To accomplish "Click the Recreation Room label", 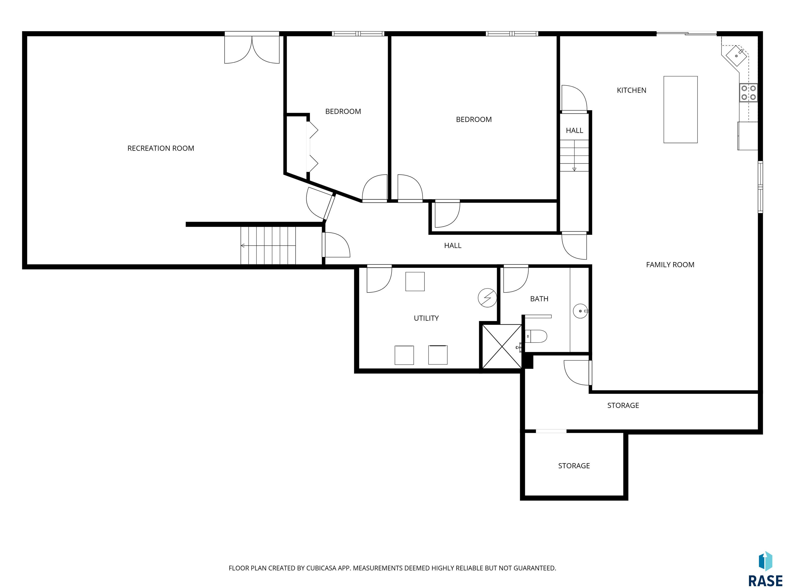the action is click(x=161, y=148).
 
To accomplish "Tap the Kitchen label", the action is click(x=632, y=90).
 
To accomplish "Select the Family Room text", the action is click(x=670, y=264).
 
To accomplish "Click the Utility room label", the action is click(x=426, y=318).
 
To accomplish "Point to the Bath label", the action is click(x=539, y=299).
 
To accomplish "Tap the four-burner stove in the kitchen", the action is click(x=748, y=92).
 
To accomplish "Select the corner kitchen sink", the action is click(x=736, y=56).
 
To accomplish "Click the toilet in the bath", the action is click(x=536, y=336).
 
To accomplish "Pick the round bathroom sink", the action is click(x=581, y=311).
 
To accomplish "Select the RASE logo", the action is click(x=765, y=570).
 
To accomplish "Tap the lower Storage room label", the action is click(x=574, y=466).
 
